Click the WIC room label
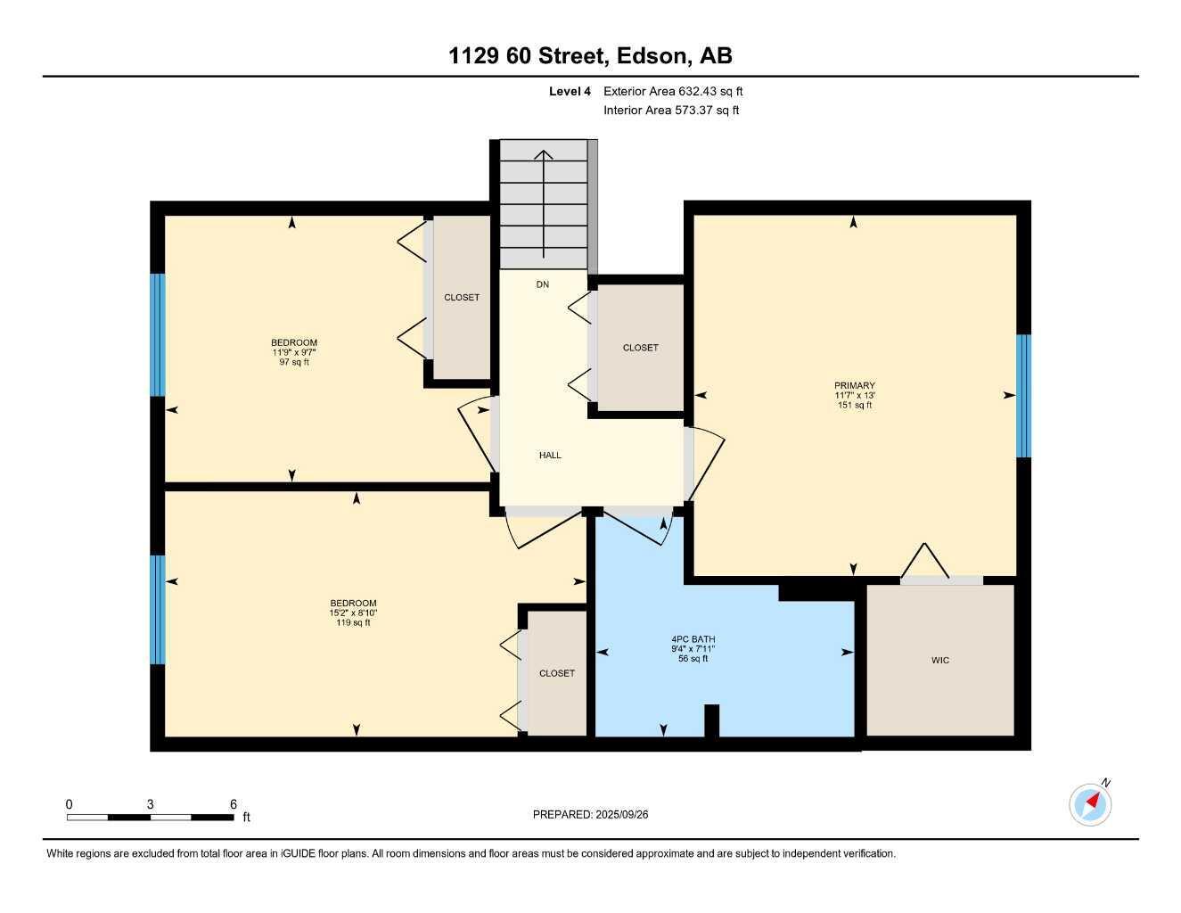pyautogui.click(x=939, y=661)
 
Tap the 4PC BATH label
pyautogui.click(x=693, y=639)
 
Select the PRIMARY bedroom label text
pyautogui.click(x=854, y=386)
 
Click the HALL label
pyautogui.click(x=550, y=456)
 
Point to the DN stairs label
pyautogui.click(x=543, y=284)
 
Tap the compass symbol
pyautogui.click(x=1090, y=804)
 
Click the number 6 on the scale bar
pyautogui.click(x=234, y=804)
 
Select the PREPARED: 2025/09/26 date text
pyautogui.click(x=591, y=815)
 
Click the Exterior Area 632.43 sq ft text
pyautogui.click(x=673, y=91)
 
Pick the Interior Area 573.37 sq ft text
pyautogui.click(x=671, y=111)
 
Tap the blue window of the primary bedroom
pyautogui.click(x=1024, y=396)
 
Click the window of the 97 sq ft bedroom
pyautogui.click(x=158, y=334)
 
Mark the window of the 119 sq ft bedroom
pyautogui.click(x=158, y=610)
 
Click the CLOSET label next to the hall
pyautogui.click(x=640, y=348)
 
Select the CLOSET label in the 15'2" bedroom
pyautogui.click(x=556, y=674)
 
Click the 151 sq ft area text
pyautogui.click(x=853, y=406)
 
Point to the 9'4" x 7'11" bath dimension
pyautogui.click(x=693, y=649)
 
